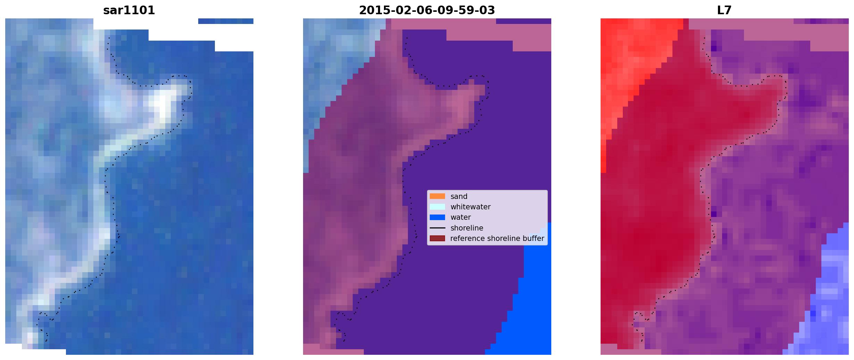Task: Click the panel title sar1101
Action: pos(129,10)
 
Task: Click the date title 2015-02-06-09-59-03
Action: pos(427,10)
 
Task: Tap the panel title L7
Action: pos(724,10)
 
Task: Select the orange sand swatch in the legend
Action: pos(437,196)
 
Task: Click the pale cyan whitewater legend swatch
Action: pos(437,207)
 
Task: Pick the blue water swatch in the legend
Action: pos(437,217)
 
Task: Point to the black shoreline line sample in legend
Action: pos(437,228)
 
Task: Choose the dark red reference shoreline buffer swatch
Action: pos(437,238)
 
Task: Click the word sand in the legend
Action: pos(459,196)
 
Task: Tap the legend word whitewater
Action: pos(470,207)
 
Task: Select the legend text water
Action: pos(461,217)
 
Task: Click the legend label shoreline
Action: pos(467,228)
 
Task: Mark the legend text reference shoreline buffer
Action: pos(497,238)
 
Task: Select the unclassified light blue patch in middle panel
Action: pos(333,69)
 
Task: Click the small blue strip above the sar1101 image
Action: pos(226,21)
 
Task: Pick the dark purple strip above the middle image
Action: pos(524,21)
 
